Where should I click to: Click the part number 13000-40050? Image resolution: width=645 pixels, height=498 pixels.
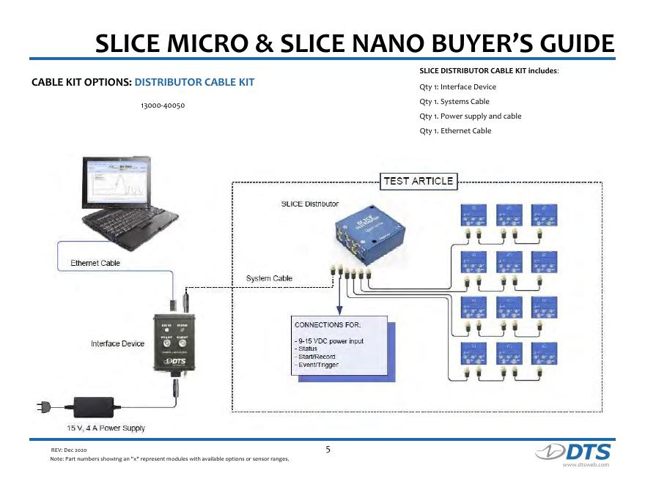(x=162, y=106)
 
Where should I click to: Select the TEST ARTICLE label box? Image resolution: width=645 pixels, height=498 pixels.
(x=419, y=181)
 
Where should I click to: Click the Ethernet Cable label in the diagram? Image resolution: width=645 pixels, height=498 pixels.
(x=95, y=263)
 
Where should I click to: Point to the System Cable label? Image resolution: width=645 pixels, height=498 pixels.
(x=269, y=278)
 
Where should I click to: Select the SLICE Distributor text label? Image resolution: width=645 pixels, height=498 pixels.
(x=310, y=204)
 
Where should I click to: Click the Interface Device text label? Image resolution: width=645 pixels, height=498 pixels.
(x=117, y=343)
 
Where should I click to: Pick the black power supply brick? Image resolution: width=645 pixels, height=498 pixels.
(x=94, y=404)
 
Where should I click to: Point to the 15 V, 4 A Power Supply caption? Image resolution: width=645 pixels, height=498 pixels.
(x=106, y=428)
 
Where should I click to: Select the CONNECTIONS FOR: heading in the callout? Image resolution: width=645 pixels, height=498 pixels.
(x=328, y=324)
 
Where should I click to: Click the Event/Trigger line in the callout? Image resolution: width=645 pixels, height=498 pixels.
(x=317, y=365)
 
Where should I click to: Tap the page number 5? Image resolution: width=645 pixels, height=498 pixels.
(x=328, y=449)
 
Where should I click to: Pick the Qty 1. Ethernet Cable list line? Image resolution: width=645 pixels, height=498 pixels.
(x=455, y=131)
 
